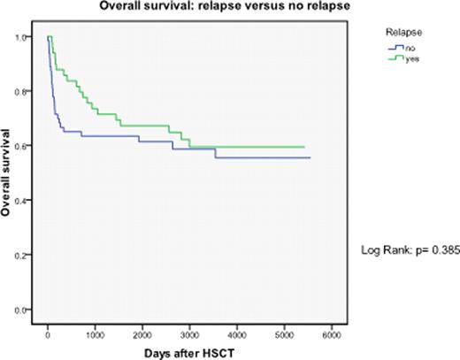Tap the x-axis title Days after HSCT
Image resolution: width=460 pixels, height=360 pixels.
point(189,352)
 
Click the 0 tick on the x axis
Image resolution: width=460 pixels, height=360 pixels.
point(48,335)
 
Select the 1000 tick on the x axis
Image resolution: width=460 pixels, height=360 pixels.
point(95,335)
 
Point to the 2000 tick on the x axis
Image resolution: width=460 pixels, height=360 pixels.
point(142,335)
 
